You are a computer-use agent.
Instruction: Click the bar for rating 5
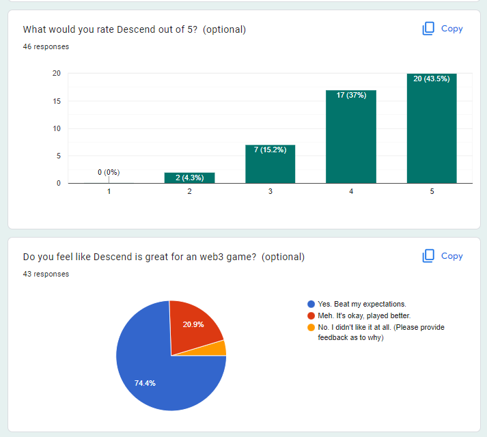432,128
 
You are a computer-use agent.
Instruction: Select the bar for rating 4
351,137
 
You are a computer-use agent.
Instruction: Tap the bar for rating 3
270,164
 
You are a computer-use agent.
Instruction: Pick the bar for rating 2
189,178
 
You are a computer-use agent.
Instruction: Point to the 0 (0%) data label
109,172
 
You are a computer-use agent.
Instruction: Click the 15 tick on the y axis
57,101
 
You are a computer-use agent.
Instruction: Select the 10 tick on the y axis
57,128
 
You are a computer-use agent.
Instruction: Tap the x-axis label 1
109,191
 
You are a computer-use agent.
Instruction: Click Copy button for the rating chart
443,29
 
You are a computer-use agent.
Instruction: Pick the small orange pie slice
217,349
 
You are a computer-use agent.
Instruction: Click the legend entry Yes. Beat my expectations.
357,304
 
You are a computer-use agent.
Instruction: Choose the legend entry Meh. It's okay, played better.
359,316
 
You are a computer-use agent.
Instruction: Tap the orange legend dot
311,327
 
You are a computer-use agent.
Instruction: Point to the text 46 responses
46,46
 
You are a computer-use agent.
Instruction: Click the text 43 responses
46,274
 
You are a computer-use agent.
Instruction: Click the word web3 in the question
212,257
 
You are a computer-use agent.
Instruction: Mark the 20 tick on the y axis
57,73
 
